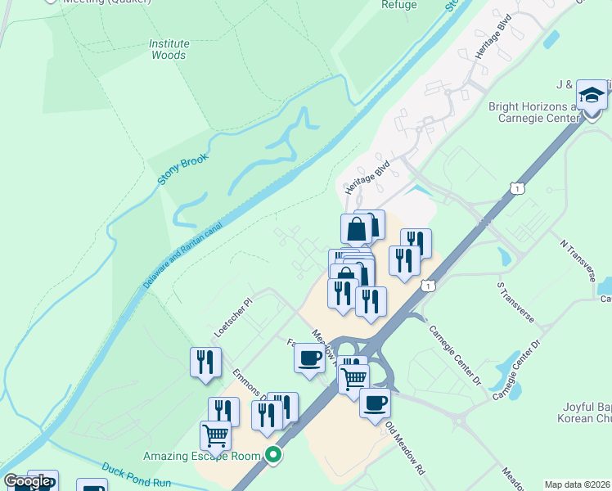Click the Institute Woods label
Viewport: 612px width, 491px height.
tap(169, 49)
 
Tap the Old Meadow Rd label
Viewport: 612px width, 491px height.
tap(406, 448)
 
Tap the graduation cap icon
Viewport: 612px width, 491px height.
tap(592, 96)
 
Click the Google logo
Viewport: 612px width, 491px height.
tap(28, 481)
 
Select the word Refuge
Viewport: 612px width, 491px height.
tap(399, 5)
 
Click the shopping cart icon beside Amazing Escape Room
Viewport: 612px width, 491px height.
tap(215, 435)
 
